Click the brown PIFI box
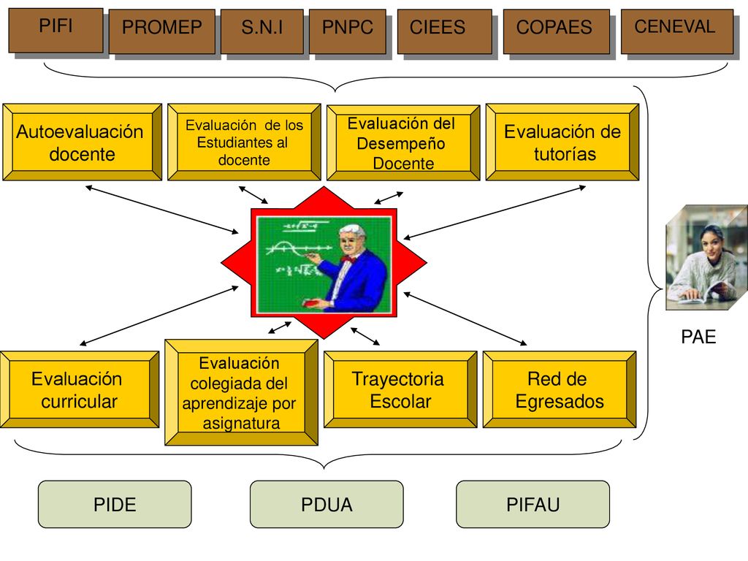tap(56, 30)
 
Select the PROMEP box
tap(161, 31)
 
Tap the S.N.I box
tap(262, 31)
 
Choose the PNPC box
tap(347, 31)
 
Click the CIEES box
tap(445, 31)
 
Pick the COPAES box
tap(556, 31)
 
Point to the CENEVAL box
tap(677, 31)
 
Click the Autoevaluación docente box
tap(82, 142)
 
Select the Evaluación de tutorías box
tap(562, 142)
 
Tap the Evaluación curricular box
tap(79, 389)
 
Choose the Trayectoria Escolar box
tap(400, 389)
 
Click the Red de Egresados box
tap(560, 389)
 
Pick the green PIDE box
tap(115, 504)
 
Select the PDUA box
tap(327, 504)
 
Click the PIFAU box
tap(533, 504)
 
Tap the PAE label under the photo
tap(698, 337)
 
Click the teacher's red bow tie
tap(349, 259)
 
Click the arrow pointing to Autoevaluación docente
tap(161, 210)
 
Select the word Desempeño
tap(401, 144)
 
